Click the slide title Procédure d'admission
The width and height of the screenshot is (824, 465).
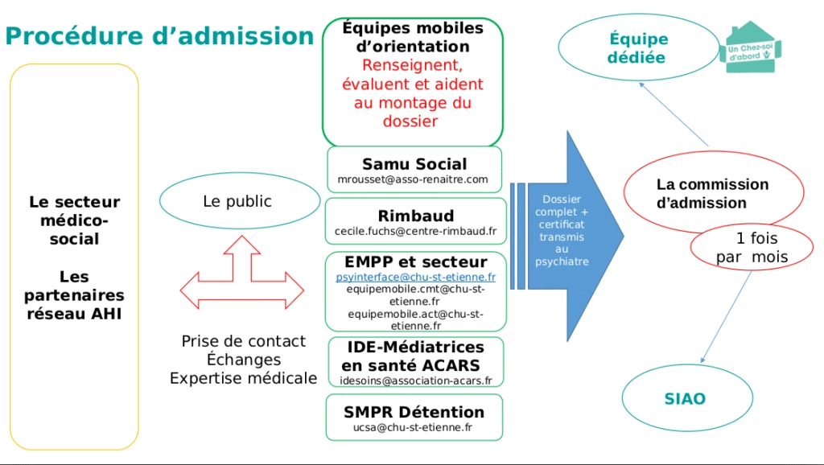(x=159, y=36)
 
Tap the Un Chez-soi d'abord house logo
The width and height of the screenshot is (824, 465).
(x=750, y=47)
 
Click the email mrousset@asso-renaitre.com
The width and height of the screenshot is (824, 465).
(x=413, y=179)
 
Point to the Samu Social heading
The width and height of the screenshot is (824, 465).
(x=414, y=164)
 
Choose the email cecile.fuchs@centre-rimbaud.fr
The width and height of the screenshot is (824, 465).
(x=415, y=231)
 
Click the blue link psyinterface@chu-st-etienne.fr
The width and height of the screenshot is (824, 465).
(x=416, y=277)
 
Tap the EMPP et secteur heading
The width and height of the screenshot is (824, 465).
(x=416, y=261)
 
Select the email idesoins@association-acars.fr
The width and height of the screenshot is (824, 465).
(x=416, y=381)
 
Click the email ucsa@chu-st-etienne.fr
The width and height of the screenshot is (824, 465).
(x=413, y=427)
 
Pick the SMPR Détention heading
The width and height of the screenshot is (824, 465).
(x=414, y=412)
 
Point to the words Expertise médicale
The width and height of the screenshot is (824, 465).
(x=243, y=378)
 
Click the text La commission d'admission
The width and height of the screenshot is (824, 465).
(x=712, y=193)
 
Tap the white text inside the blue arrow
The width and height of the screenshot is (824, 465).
(x=562, y=230)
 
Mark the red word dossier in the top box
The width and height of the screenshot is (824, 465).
(x=410, y=121)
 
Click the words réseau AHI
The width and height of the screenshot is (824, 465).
(x=74, y=314)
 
